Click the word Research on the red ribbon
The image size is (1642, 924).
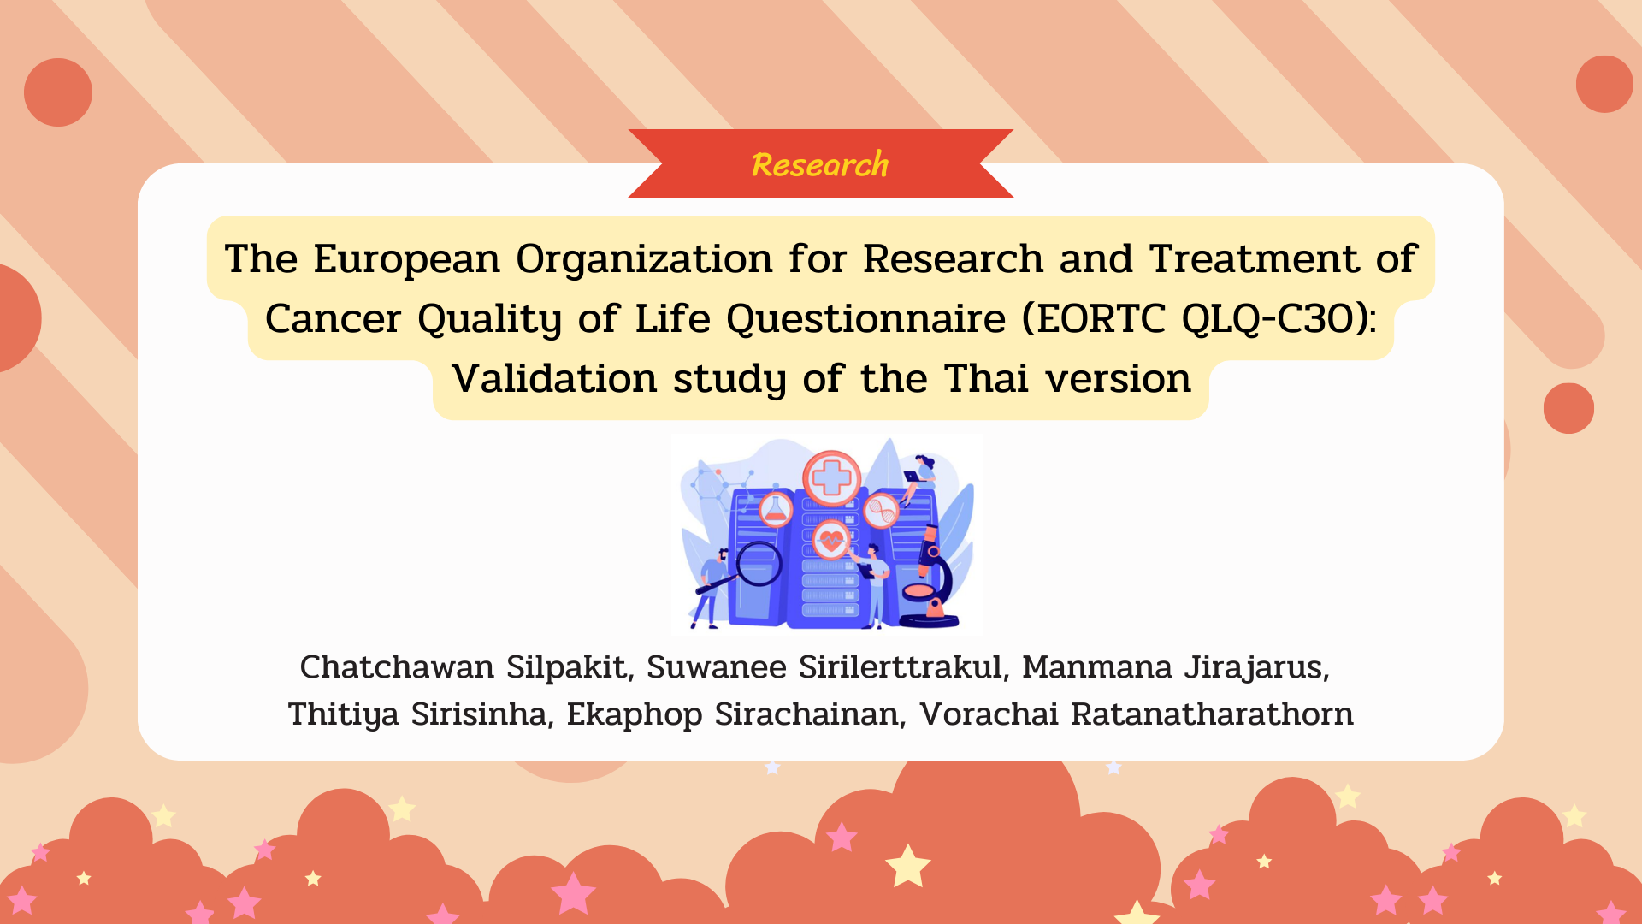820,164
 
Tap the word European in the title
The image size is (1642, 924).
406,258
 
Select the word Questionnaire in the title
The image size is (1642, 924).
865,319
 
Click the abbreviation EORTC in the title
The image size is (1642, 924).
1102,318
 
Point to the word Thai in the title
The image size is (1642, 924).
986,378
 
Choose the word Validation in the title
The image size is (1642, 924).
554,378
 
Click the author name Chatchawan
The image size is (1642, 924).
397,666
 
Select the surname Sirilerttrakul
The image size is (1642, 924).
901,666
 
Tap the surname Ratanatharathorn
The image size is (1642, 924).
1212,714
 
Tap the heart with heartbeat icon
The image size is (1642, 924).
830,540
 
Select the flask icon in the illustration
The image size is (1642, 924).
776,510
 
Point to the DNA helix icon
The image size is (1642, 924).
881,512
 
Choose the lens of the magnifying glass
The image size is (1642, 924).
759,563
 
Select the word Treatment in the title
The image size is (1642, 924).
1254,258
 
